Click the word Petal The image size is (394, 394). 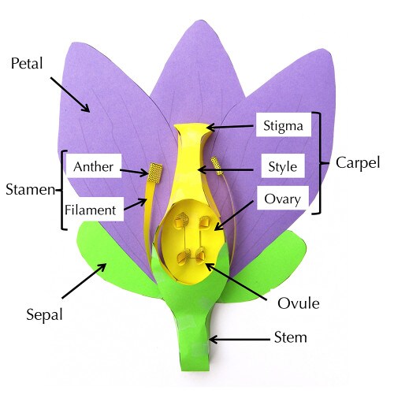[x=27, y=63]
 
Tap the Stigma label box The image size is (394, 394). [x=284, y=125]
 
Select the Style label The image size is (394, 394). [x=283, y=165]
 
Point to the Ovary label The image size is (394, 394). [x=283, y=198]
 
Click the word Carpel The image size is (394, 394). [x=358, y=163]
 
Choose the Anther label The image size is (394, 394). [x=94, y=166]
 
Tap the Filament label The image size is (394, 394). [x=91, y=210]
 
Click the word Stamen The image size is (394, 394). [x=31, y=189]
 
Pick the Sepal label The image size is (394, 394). [x=45, y=314]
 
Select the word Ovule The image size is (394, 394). [x=299, y=303]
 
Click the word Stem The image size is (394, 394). [x=291, y=337]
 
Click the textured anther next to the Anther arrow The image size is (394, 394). [x=154, y=173]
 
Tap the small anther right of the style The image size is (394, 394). [x=217, y=165]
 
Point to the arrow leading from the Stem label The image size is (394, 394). [x=240, y=340]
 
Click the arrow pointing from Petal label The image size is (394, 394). [x=70, y=95]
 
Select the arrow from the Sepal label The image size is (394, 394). [x=84, y=281]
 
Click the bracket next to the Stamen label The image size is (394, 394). [x=62, y=190]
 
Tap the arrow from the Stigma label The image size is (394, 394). [x=230, y=127]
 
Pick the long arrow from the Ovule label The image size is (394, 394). [x=236, y=281]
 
